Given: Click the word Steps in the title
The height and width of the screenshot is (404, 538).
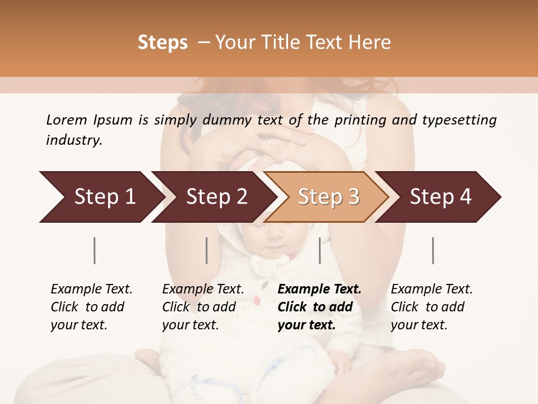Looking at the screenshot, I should pos(163,43).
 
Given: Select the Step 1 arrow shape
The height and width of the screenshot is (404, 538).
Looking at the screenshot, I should pos(101,197).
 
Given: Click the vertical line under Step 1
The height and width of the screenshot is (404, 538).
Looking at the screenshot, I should pos(95,250).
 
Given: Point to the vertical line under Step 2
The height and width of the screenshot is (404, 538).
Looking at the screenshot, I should pos(207,250).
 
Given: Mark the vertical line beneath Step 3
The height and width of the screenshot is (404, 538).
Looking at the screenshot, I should pos(320,250).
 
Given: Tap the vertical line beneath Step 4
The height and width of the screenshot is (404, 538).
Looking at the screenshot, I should pos(433,250).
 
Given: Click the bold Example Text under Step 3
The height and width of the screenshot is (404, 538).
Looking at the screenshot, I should pos(319,290).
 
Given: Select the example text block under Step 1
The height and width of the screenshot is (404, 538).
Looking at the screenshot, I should pos(91,307).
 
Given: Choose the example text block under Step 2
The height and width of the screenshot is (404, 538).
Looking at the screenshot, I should pos(203,307).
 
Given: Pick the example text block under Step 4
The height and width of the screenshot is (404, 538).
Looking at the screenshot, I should pos(431,307).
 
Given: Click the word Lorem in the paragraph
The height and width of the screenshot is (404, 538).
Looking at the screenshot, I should pos(67,120).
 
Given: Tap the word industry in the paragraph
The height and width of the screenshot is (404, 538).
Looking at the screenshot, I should pos(73,140).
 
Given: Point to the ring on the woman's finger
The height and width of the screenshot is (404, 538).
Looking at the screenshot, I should pos(271,142).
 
